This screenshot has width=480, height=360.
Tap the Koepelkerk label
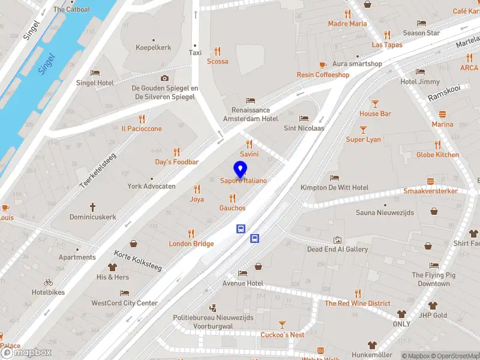point(154,47)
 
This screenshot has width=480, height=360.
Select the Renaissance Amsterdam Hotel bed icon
point(251,100)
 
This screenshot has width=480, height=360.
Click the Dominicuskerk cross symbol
point(92,207)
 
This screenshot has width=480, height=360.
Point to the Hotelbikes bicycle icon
point(49,282)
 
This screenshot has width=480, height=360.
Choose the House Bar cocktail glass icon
point(375,104)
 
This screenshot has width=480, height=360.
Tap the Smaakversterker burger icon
point(430,181)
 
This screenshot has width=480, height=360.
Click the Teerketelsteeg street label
point(98,170)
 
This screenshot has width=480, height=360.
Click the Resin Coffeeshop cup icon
point(323,65)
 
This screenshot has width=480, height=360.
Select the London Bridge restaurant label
point(191,244)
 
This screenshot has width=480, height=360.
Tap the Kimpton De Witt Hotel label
point(334,188)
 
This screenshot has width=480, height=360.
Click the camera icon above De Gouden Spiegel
point(164,78)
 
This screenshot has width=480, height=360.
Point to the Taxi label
point(195,53)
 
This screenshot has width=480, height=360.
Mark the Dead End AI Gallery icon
point(337,239)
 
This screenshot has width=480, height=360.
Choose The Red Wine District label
point(358,304)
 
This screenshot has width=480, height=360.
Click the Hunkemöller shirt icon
point(372,345)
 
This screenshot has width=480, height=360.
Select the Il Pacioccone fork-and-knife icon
point(142,119)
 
